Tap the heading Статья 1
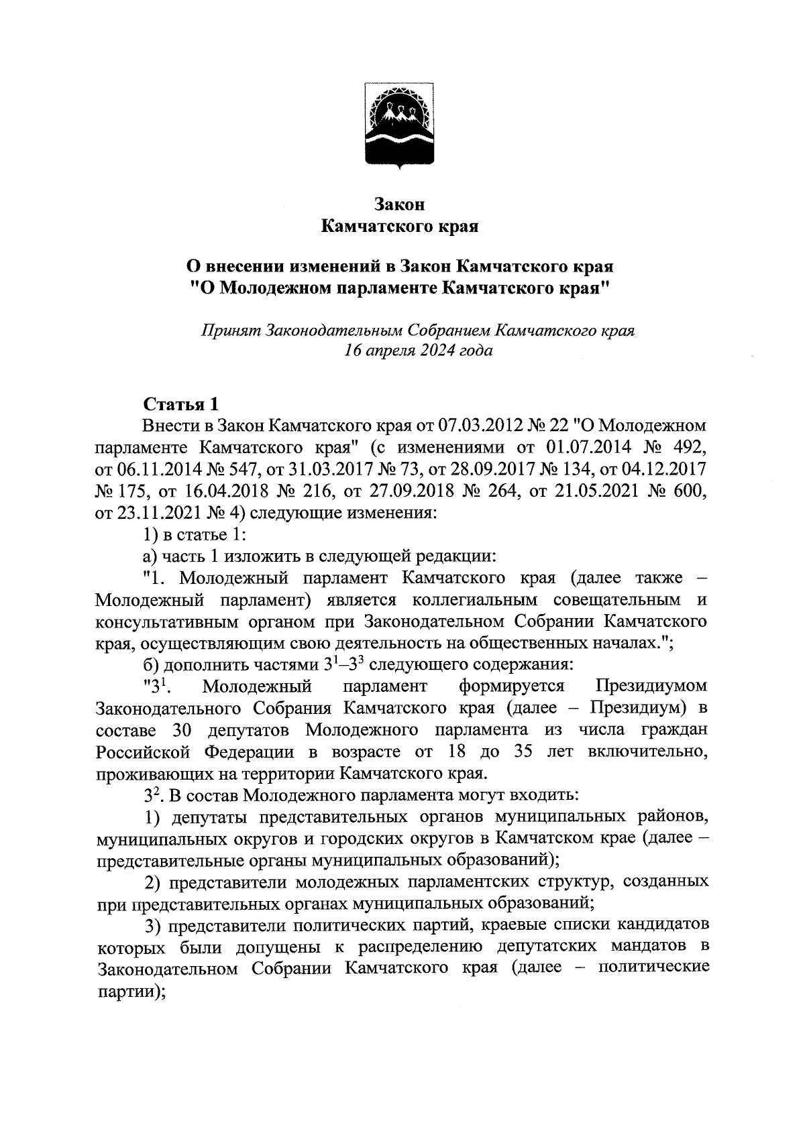(180, 405)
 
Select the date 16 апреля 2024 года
(419, 350)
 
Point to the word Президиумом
(651, 686)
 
